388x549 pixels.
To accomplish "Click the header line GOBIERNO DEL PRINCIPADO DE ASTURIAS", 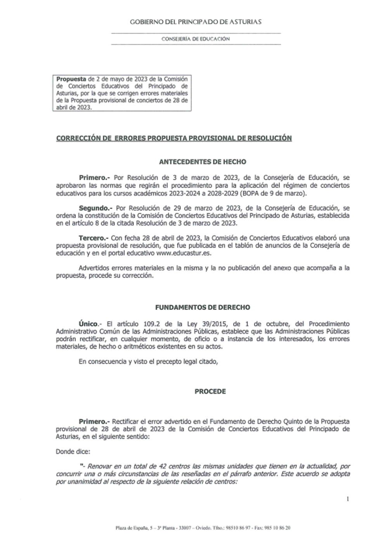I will [196, 22].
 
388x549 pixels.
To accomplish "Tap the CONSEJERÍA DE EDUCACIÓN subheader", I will [196, 39].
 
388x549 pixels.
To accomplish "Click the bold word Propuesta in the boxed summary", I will [71, 79].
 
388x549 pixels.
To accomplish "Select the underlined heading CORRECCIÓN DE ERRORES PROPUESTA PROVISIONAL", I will [174, 138].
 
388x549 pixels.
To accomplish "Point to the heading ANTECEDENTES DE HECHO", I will [203, 162].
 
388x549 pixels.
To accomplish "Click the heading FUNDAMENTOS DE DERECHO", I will [203, 307].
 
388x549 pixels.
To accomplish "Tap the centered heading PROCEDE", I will [210, 391].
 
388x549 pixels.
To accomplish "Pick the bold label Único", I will [88, 323].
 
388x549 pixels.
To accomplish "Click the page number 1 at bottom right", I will [348, 499].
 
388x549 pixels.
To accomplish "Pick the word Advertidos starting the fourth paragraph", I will [95, 268].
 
